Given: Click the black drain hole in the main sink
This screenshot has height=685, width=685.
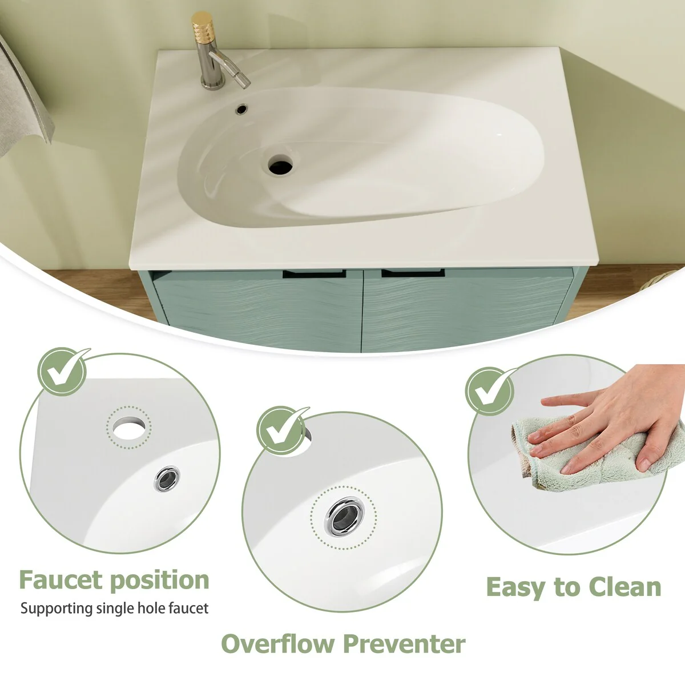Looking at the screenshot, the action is (x=280, y=166).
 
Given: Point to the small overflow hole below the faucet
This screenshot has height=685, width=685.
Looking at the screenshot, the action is (x=242, y=108).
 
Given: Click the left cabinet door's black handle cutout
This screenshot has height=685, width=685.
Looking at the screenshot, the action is (x=314, y=274).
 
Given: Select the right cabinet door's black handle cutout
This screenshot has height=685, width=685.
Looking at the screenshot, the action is (x=413, y=273).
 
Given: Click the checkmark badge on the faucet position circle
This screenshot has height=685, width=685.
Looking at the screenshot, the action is (x=63, y=371).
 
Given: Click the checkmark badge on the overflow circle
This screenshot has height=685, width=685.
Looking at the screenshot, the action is (x=281, y=430).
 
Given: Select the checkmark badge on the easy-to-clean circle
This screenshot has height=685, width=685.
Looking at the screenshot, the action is (x=490, y=391).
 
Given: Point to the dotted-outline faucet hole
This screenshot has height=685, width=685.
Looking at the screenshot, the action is (x=129, y=427).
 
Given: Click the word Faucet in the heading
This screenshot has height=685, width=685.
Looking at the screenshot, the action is (x=61, y=580).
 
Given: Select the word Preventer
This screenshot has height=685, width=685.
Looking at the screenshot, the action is (x=405, y=643).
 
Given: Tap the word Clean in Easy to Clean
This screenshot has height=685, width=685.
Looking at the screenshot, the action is (x=625, y=587).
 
